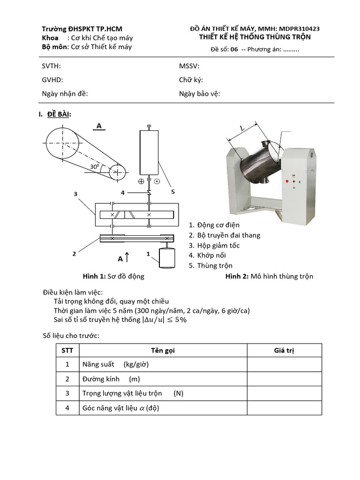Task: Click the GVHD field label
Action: point(52,80)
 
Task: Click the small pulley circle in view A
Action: point(117,172)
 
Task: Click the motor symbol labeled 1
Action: point(167,257)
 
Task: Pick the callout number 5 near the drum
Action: point(172,192)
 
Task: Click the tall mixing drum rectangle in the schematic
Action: point(149,153)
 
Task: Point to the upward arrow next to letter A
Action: point(127,257)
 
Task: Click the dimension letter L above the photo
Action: point(242,127)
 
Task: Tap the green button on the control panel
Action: point(293,189)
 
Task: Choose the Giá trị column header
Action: point(284,351)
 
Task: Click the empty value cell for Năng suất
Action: point(284,364)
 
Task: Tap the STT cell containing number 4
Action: point(67,408)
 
